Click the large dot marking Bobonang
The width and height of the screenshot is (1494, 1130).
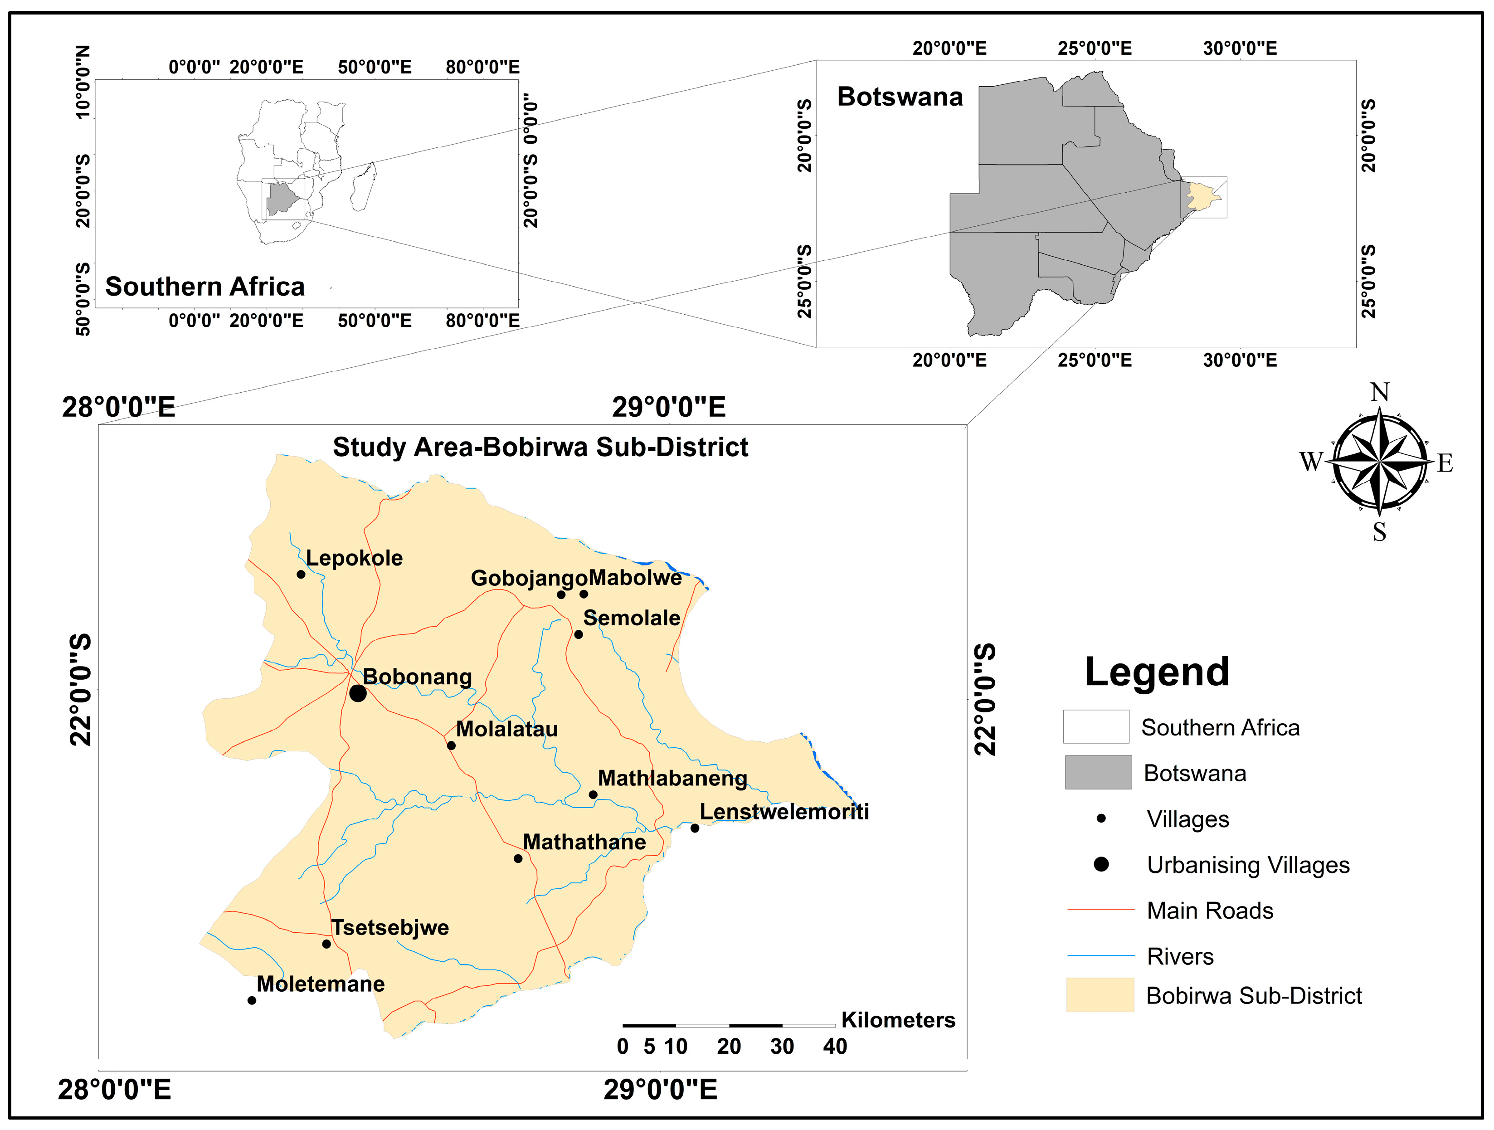pos(358,693)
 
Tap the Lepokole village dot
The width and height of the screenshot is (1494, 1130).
pos(301,574)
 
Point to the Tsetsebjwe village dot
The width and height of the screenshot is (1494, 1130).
pos(326,944)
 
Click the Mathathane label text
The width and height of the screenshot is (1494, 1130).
pos(584,842)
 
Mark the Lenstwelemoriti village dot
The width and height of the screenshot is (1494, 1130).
pos(694,828)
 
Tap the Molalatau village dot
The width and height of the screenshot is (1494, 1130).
pos(451,745)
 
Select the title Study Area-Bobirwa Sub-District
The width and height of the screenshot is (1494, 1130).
pos(540,447)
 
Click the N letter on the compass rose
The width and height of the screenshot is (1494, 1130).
pos(1380,392)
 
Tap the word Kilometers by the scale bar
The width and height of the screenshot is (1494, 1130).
pos(898,1020)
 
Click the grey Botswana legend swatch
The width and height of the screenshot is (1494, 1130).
pos(1098,772)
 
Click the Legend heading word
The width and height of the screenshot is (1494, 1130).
pos(1156,672)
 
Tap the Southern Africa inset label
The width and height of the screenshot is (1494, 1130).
pos(204,287)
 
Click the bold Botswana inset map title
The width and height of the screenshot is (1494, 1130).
pos(900,97)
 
